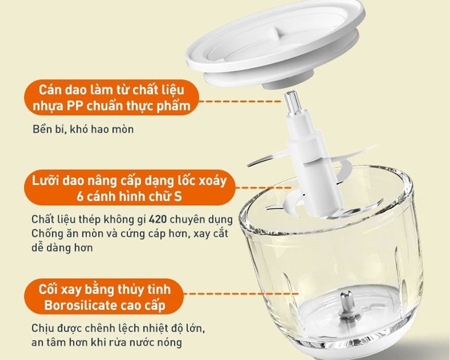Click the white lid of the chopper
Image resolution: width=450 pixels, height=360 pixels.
(276, 43)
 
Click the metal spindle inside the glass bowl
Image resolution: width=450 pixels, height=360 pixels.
(347, 306)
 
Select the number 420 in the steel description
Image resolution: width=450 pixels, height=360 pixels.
(158, 219)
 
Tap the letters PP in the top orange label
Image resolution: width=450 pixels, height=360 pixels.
(75, 106)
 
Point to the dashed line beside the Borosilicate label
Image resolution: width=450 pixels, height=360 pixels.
(240, 293)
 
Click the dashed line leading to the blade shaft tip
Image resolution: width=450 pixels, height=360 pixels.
(240, 101)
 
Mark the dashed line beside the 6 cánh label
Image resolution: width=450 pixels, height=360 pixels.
(263, 188)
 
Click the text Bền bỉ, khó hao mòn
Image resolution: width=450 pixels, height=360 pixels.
(83, 129)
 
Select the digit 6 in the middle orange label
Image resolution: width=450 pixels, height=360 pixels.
(80, 197)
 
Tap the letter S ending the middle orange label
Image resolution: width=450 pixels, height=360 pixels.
(178, 197)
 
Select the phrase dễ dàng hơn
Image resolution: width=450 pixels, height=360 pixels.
(62, 248)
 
